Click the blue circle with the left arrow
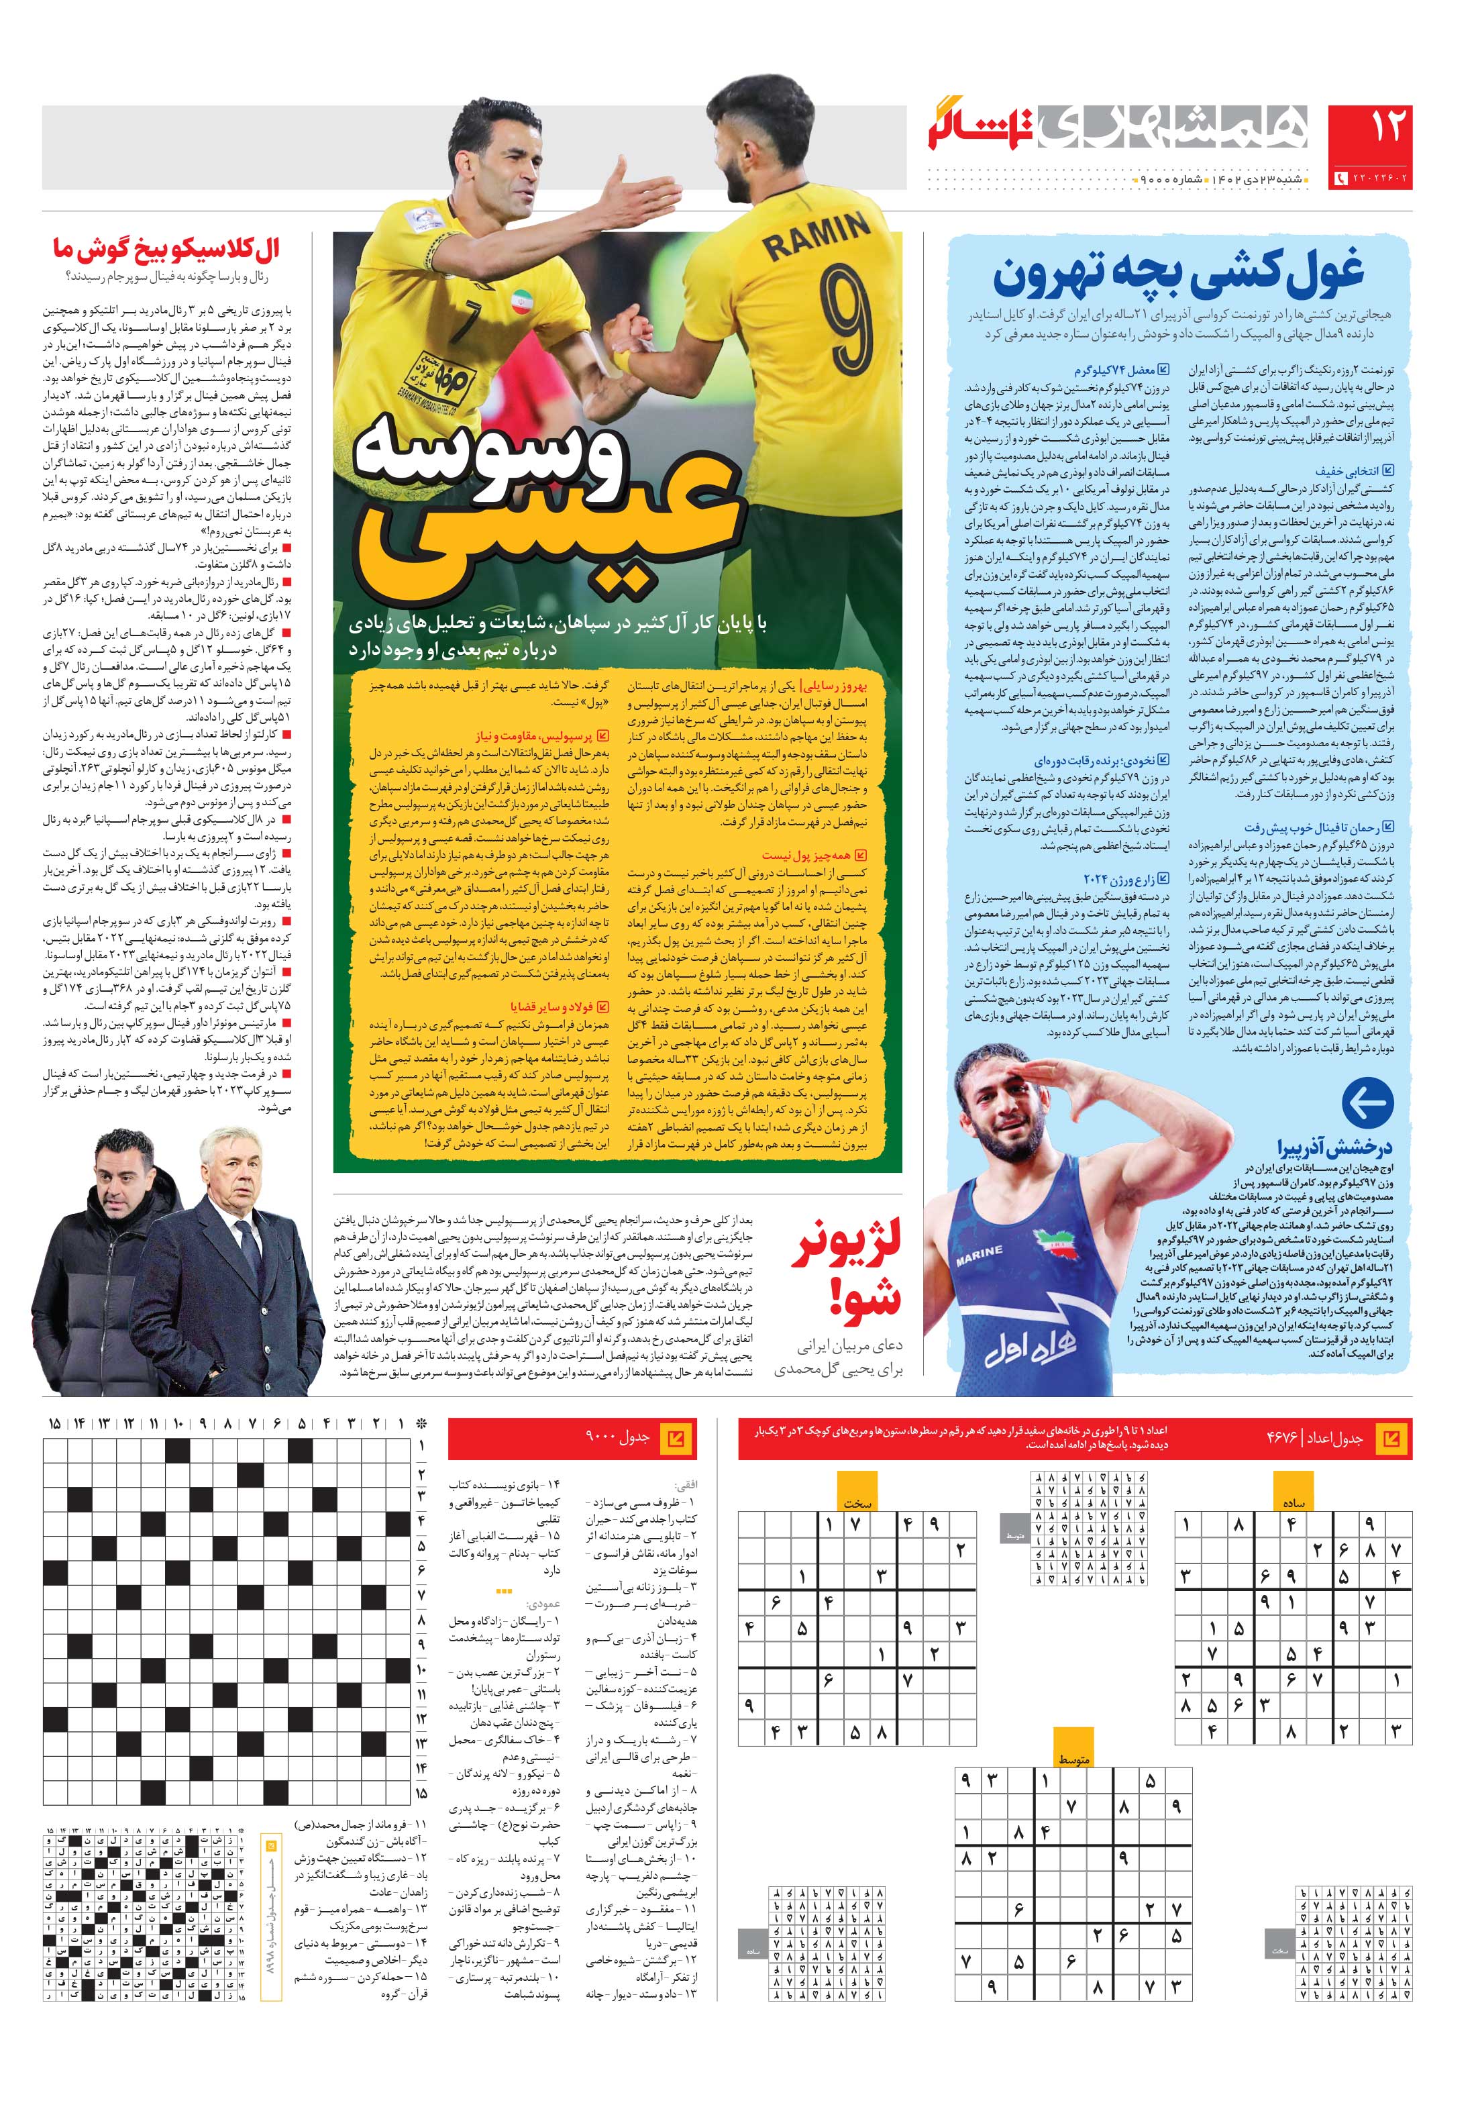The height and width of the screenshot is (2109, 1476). point(1367,1104)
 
